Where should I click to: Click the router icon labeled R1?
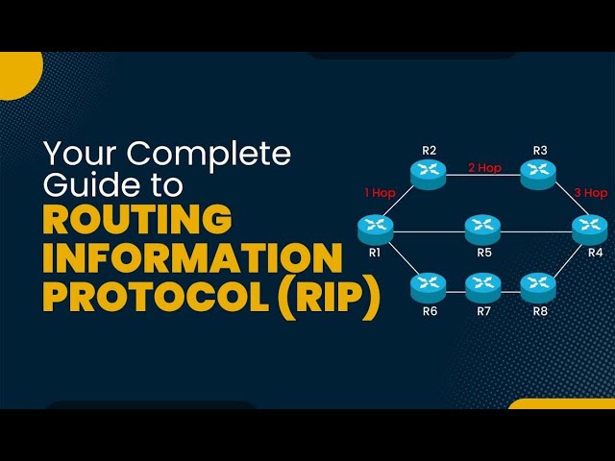[375, 230]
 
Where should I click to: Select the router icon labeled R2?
[429, 173]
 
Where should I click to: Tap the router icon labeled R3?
[539, 173]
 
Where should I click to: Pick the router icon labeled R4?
[590, 230]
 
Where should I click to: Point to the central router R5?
[482, 230]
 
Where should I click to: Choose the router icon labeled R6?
[429, 285]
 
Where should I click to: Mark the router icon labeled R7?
[483, 285]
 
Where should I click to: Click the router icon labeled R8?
[538, 285]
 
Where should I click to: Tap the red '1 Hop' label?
[380, 193]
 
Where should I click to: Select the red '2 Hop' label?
[484, 168]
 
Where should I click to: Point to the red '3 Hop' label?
[591, 193]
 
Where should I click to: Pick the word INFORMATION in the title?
[192, 258]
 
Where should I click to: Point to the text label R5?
[484, 253]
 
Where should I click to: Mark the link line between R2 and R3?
[483, 176]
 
